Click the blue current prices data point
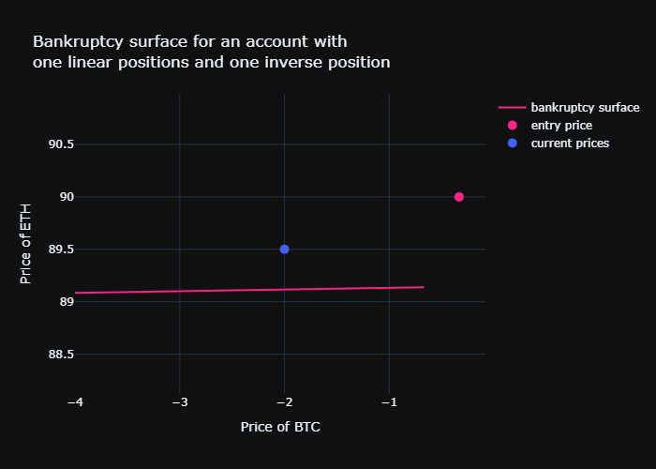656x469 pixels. coord(284,250)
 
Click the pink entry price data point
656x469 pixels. coord(459,197)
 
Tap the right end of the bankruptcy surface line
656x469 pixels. coord(424,287)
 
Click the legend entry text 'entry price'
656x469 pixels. coord(561,125)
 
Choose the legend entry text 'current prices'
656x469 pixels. coord(570,144)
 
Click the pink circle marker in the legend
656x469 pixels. coord(512,125)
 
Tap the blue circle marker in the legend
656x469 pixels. coord(512,144)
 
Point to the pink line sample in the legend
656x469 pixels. coord(512,107)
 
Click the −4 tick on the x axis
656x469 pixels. coord(75,401)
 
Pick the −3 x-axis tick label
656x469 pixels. coord(180,401)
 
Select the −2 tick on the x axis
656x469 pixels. coord(284,401)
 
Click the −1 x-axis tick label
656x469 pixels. coord(389,401)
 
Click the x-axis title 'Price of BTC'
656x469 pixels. coord(280,427)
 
